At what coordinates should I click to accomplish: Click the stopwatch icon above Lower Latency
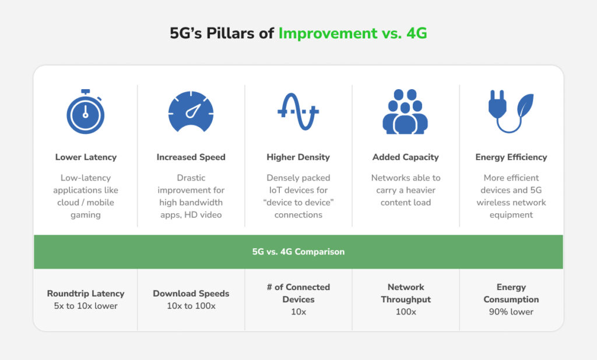pyautogui.click(x=86, y=112)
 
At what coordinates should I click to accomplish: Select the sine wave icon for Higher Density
pyautogui.click(x=298, y=112)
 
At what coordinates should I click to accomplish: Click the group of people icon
pyautogui.click(x=405, y=112)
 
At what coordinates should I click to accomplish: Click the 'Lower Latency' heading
pyautogui.click(x=86, y=157)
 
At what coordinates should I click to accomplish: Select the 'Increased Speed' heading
pyautogui.click(x=191, y=157)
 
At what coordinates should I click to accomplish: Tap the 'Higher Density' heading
pyautogui.click(x=298, y=157)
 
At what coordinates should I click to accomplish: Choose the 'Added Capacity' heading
pyautogui.click(x=405, y=157)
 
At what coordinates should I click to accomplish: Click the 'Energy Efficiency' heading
pyautogui.click(x=511, y=157)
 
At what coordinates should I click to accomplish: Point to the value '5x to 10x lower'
pyautogui.click(x=86, y=306)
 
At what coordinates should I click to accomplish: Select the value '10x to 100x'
pyautogui.click(x=191, y=306)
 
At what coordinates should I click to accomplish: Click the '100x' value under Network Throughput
pyautogui.click(x=405, y=312)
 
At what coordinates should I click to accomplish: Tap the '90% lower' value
pyautogui.click(x=511, y=312)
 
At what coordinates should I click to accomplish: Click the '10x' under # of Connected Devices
pyautogui.click(x=298, y=312)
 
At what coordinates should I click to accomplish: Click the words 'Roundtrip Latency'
pyautogui.click(x=86, y=294)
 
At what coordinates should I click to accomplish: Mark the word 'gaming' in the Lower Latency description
pyautogui.click(x=86, y=215)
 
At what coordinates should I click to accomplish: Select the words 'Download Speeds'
pyautogui.click(x=191, y=294)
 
